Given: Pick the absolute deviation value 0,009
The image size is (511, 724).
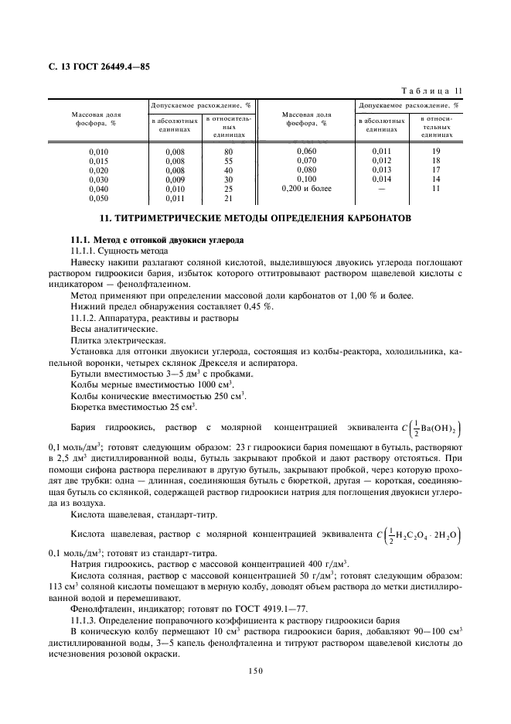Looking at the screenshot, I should (175, 179).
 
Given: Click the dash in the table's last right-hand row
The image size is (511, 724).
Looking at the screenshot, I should (382, 188).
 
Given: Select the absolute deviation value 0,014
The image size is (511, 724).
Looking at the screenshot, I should (382, 179).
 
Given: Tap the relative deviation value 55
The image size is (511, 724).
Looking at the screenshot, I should (228, 160).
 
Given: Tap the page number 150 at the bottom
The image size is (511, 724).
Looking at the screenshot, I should (256, 671).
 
